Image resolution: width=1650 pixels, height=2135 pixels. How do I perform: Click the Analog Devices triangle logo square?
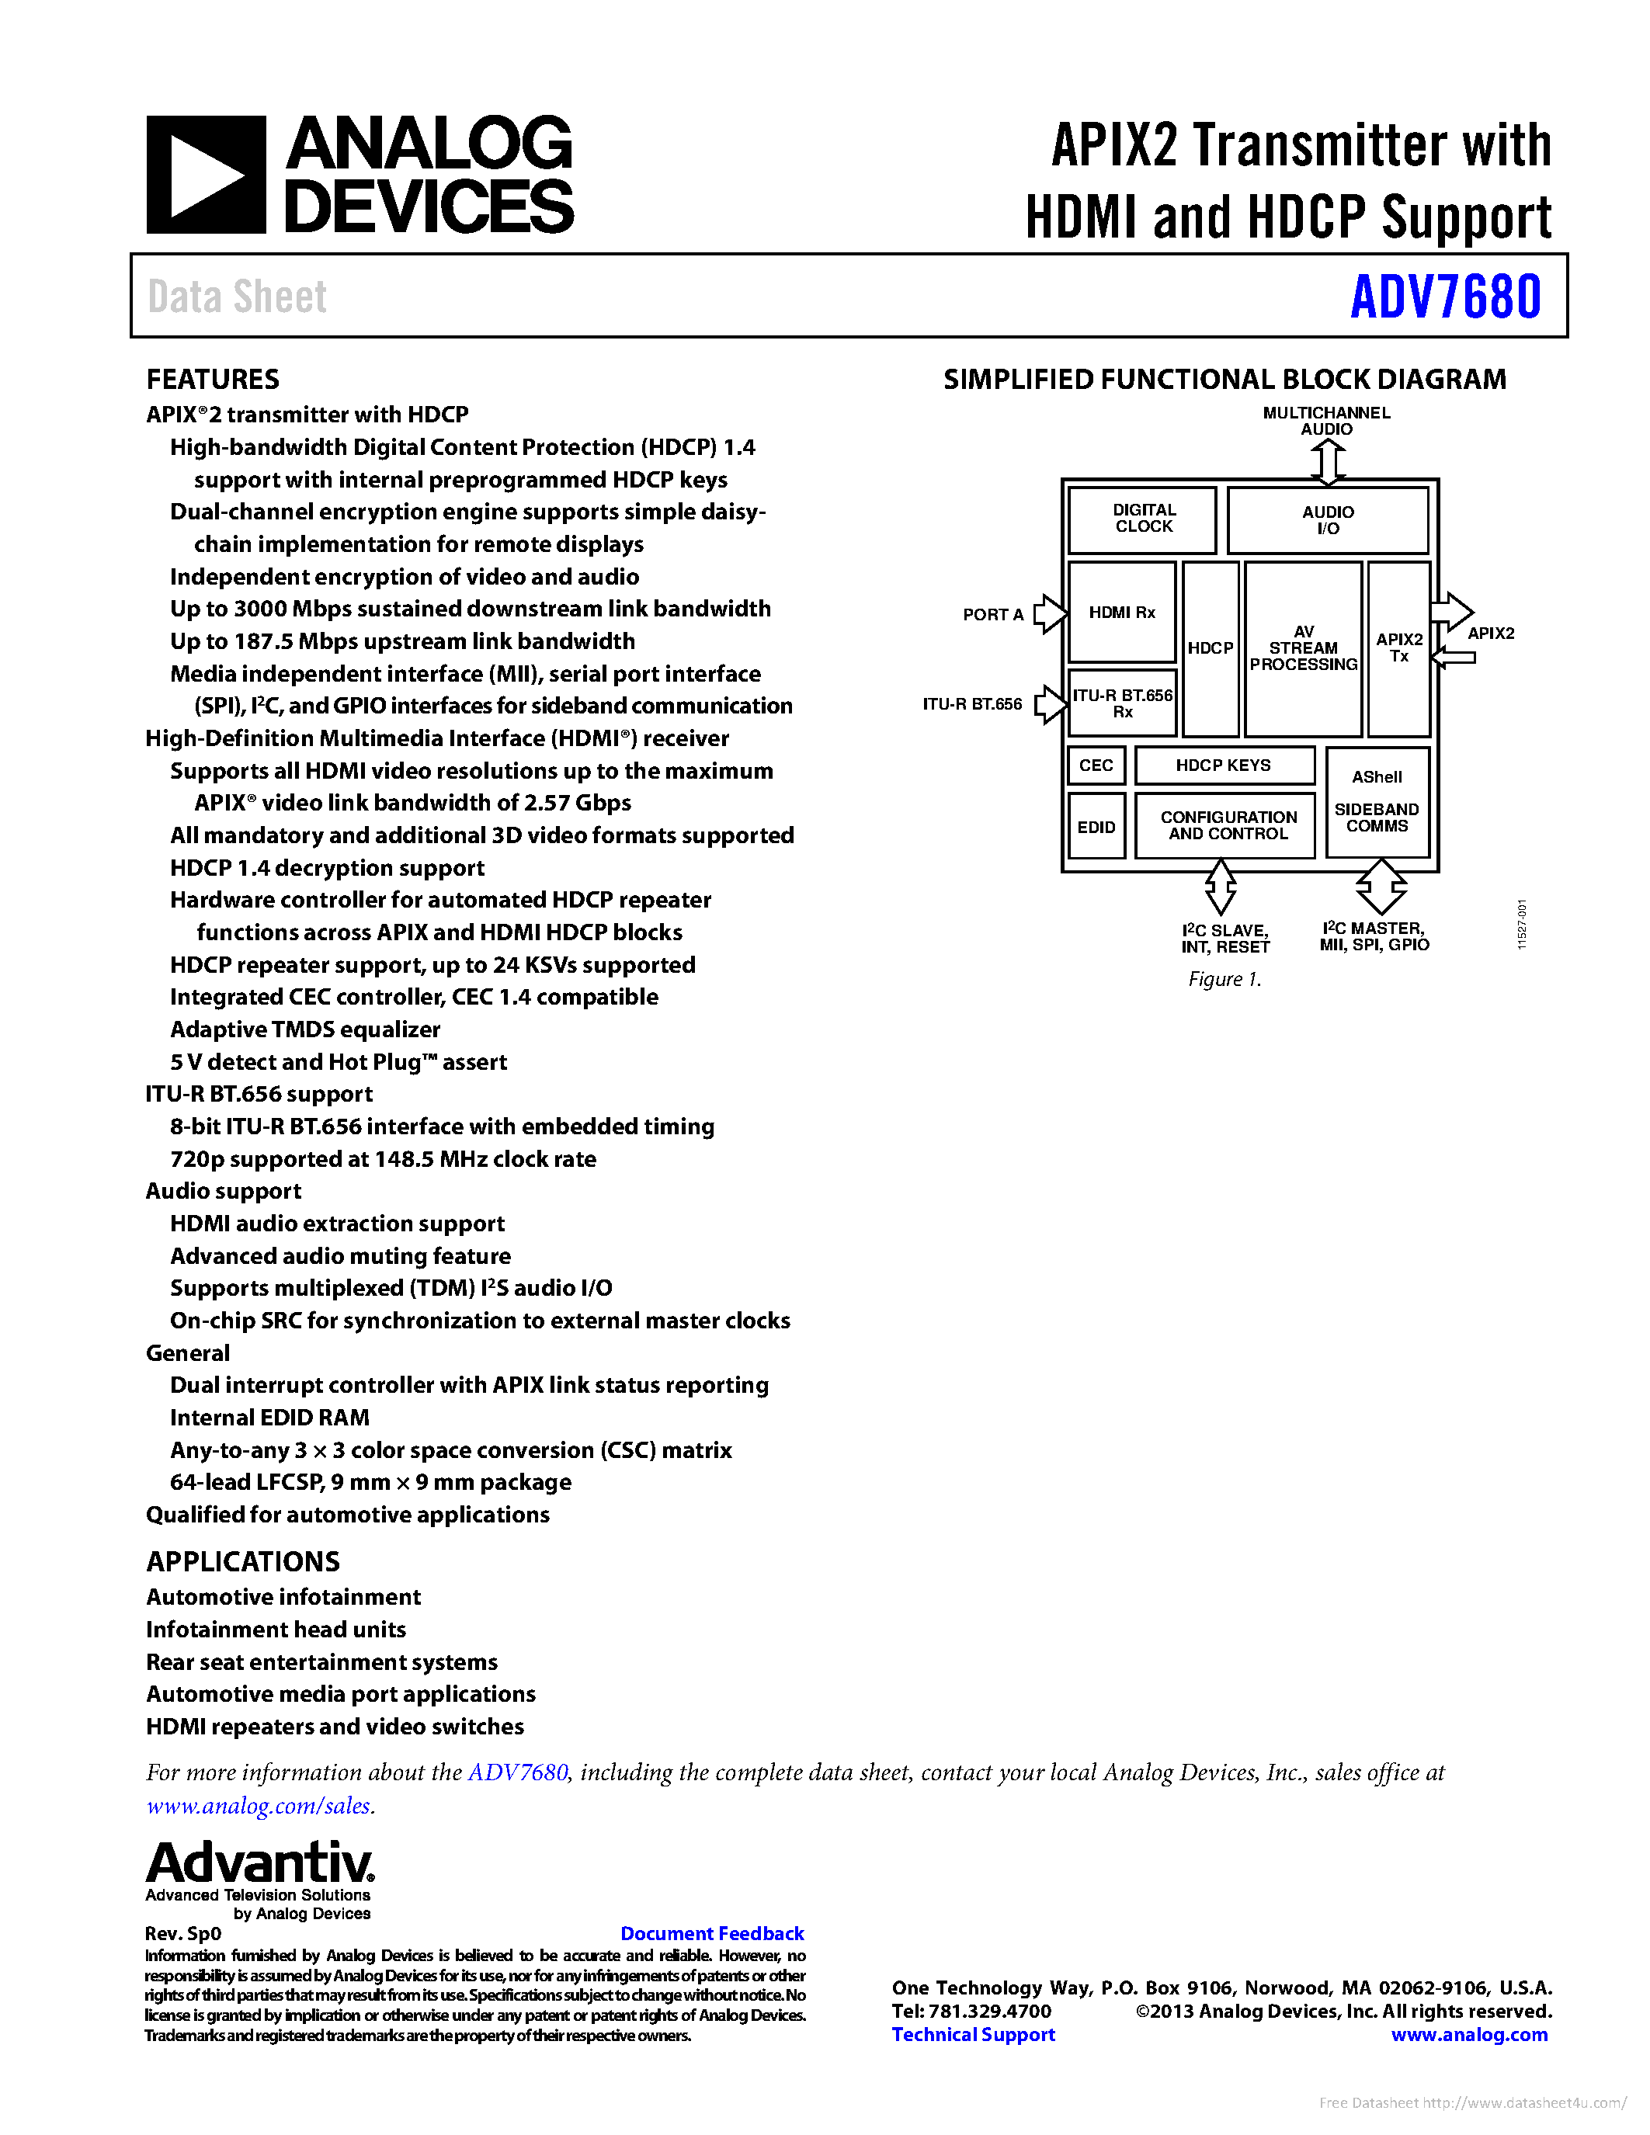point(205,175)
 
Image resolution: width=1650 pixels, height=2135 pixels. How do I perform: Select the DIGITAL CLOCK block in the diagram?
point(1143,519)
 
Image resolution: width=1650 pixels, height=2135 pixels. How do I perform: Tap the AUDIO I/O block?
point(1326,520)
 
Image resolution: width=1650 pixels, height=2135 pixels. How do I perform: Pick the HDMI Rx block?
point(1121,613)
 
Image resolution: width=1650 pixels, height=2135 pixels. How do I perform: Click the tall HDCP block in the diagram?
point(1211,648)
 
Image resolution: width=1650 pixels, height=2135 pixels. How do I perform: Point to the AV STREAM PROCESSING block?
point(1303,648)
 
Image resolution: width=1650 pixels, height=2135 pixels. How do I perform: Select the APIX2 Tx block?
point(1398,648)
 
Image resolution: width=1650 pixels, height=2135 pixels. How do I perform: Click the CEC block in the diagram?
point(1096,765)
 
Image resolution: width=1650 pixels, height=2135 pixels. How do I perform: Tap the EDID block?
point(1096,827)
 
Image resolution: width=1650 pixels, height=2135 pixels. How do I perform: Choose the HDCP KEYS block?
point(1223,765)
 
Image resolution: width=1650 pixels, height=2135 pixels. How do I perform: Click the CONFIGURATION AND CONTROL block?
point(1228,826)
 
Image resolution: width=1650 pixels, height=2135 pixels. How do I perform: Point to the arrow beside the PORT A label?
point(1050,614)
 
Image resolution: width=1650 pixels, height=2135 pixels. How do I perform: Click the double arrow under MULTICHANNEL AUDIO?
point(1326,461)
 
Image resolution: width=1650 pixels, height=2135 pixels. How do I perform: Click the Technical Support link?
point(973,2034)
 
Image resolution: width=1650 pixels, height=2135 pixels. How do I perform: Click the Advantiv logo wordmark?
point(260,1863)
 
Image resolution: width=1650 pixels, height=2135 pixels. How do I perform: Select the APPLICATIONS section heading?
point(243,1561)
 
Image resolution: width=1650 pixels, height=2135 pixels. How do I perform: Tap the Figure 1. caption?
point(1224,978)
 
